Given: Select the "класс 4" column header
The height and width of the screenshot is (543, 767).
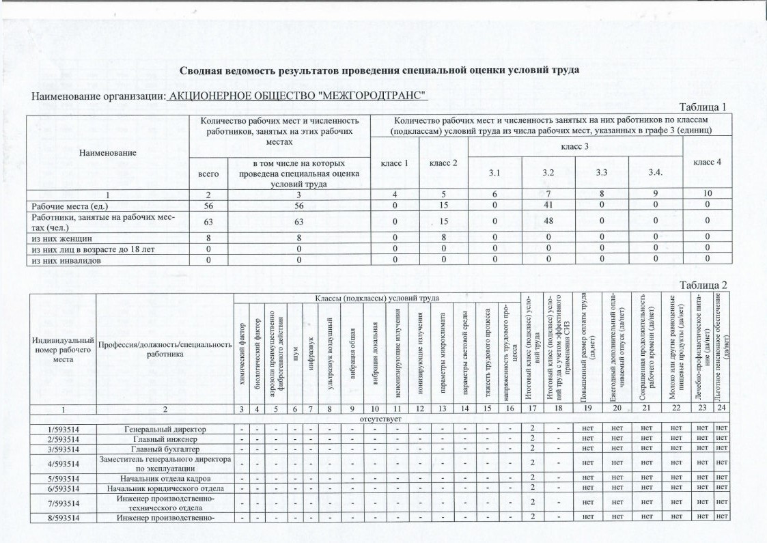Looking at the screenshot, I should tap(707, 162).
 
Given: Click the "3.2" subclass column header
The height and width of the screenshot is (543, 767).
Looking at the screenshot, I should tap(548, 173).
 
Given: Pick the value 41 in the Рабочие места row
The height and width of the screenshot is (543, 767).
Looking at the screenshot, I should tap(548, 205).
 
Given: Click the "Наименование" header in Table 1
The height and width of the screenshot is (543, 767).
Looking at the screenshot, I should tap(107, 152).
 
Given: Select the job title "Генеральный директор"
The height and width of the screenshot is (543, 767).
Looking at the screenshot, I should tap(165, 428).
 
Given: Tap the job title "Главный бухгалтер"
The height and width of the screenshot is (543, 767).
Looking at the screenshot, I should tap(165, 449).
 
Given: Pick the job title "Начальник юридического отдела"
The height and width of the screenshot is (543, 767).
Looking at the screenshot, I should tap(165, 488).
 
